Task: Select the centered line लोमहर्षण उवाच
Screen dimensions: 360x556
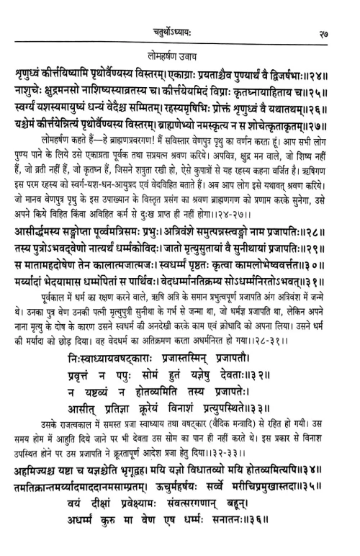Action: tap(179, 55)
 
